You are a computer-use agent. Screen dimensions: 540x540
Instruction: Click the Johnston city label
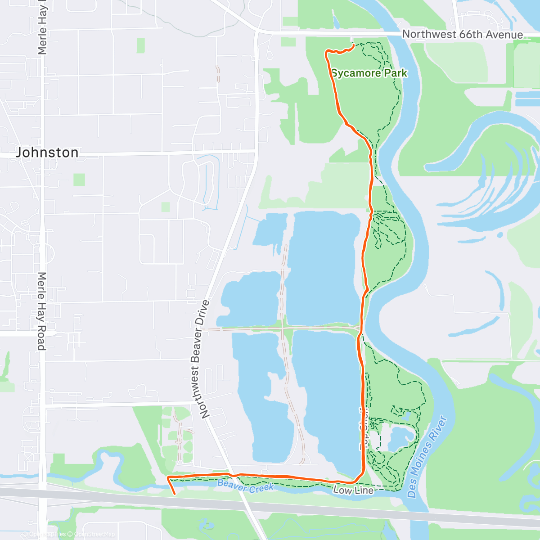coord(47,153)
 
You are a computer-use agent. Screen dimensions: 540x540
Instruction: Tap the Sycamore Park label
coord(369,73)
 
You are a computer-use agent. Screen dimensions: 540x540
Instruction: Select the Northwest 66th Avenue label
coord(463,34)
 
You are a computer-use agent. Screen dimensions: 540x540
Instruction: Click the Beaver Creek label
coord(245,486)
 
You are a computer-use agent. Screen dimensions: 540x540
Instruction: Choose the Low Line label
coord(353,490)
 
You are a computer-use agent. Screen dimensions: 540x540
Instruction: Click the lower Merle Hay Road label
coord(41,311)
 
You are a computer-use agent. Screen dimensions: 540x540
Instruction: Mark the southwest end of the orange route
coord(174,494)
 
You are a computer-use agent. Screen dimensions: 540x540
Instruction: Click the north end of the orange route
coord(352,45)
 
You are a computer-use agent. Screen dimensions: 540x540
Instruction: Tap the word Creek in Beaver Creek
coord(260,487)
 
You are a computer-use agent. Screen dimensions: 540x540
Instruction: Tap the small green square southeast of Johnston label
coord(79,180)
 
